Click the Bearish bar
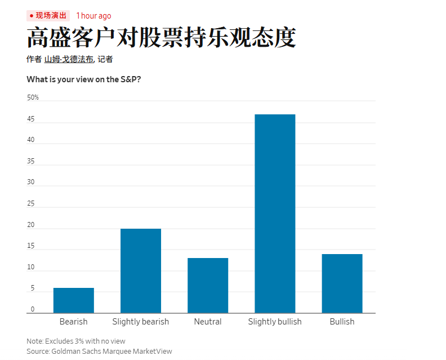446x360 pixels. [73, 300]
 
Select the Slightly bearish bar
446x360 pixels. [141, 270]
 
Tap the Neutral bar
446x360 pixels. [208, 285]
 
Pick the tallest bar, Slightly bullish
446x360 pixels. [275, 214]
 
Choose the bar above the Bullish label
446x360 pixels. [342, 283]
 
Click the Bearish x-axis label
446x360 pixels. [73, 322]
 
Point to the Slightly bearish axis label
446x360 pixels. [141, 322]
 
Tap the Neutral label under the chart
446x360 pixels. [208, 322]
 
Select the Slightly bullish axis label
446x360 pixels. [275, 322]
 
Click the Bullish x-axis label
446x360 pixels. [342, 322]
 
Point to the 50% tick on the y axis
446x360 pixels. [33, 97]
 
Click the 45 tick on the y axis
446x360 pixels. [30, 119]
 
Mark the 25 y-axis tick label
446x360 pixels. [30, 204]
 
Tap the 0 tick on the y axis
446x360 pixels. [32, 309]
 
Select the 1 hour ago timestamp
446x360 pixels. [93, 16]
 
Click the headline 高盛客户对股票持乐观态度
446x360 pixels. [161, 38]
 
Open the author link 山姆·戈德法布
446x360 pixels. [69, 59]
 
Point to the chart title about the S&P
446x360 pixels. [83, 79]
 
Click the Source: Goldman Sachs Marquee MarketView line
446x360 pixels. [99, 351]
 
